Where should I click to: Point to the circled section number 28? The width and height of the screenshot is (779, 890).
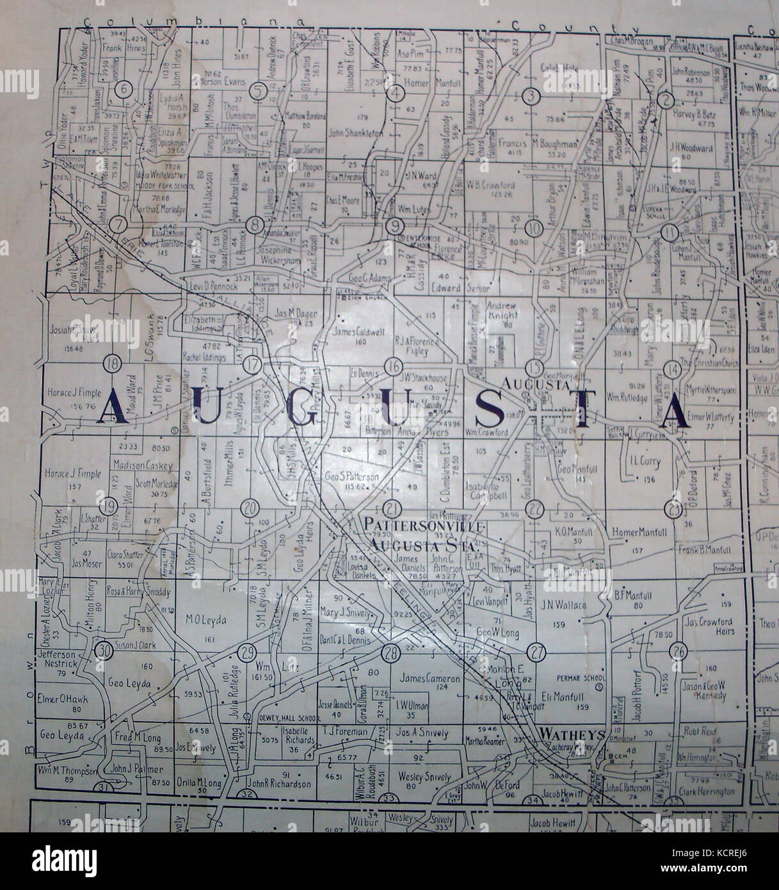point(390,652)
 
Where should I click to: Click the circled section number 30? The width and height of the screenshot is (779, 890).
point(103,651)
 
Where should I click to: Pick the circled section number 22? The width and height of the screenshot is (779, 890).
point(534,508)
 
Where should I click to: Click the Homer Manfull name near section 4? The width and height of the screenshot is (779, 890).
point(430,81)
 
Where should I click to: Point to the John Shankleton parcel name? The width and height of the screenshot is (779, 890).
point(355,133)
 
